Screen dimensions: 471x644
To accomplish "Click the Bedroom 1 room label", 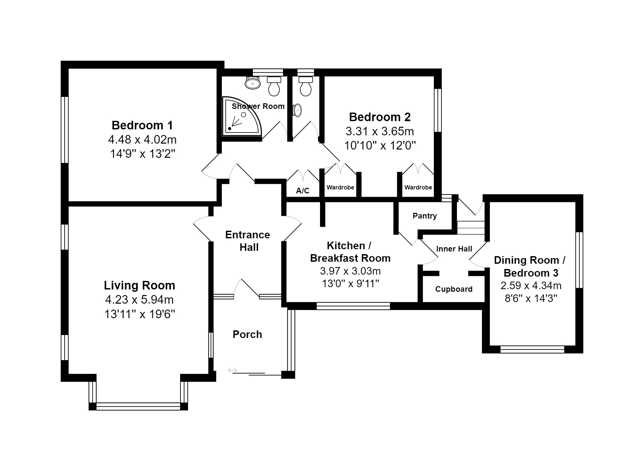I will point(142,125).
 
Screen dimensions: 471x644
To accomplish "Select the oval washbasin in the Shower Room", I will point(253,83).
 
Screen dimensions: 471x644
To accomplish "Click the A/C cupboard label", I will point(303,191).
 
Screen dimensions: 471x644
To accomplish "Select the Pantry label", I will point(425,216).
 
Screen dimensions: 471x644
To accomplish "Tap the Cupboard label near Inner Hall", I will point(454,289).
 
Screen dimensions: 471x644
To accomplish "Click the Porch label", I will point(247,334).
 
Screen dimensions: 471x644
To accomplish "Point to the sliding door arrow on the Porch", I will point(233,370).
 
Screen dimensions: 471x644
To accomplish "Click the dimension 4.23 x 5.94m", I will point(139,300).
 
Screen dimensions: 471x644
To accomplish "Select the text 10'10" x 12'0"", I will point(380,146).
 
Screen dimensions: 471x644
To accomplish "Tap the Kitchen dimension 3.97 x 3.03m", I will point(350,271).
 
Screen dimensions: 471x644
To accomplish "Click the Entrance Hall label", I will point(248,241).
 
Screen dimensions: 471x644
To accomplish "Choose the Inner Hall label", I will point(454,249).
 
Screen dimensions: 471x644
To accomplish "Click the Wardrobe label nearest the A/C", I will point(340,187).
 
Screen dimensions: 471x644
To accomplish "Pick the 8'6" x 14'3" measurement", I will point(531,298).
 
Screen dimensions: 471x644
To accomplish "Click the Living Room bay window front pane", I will point(138,406).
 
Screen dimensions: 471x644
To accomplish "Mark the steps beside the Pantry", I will point(470,228).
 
